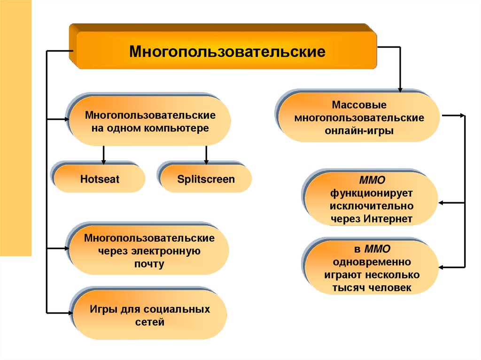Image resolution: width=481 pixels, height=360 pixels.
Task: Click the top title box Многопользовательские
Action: click(x=227, y=51)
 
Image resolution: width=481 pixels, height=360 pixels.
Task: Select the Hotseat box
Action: click(x=100, y=179)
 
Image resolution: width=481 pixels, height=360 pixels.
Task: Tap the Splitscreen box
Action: click(x=206, y=179)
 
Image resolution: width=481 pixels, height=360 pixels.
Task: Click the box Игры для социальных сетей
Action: click(x=150, y=316)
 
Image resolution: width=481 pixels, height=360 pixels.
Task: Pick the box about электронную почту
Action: click(x=150, y=251)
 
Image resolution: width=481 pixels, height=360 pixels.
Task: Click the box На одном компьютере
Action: click(x=150, y=122)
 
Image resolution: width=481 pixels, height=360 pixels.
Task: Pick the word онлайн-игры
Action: click(x=359, y=131)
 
